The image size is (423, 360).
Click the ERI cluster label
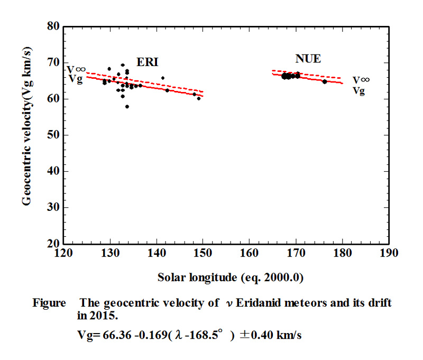point(148,62)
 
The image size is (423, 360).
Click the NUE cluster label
point(308,59)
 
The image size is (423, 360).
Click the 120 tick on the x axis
point(63,253)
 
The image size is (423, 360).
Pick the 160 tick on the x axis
point(250,253)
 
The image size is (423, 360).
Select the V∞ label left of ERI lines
point(76,69)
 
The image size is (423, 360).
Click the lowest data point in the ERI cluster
point(127,106)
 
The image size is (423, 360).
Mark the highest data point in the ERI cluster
point(123,65)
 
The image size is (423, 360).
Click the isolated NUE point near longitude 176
point(325,82)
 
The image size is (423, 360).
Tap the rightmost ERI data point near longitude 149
point(199,98)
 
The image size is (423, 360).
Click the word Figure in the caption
point(49,303)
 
